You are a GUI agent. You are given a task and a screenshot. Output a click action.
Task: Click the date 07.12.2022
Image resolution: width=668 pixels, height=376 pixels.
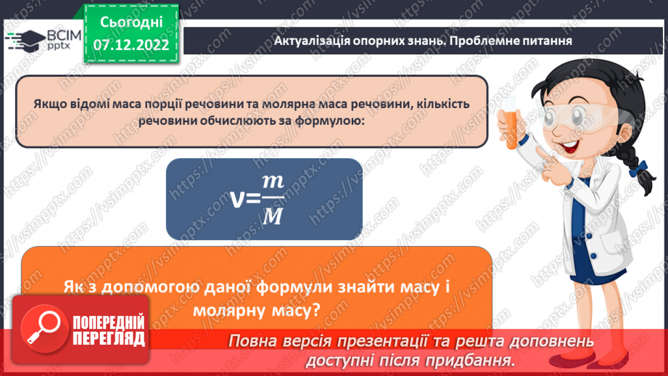pos(131,44)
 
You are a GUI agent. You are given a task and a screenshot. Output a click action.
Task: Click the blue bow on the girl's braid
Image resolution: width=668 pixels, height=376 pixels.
pos(639,171)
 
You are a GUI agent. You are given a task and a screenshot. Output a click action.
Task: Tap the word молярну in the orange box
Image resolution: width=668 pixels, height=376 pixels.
pos(231,311)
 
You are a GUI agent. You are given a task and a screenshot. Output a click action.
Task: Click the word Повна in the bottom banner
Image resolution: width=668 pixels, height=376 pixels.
pos(255,341)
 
